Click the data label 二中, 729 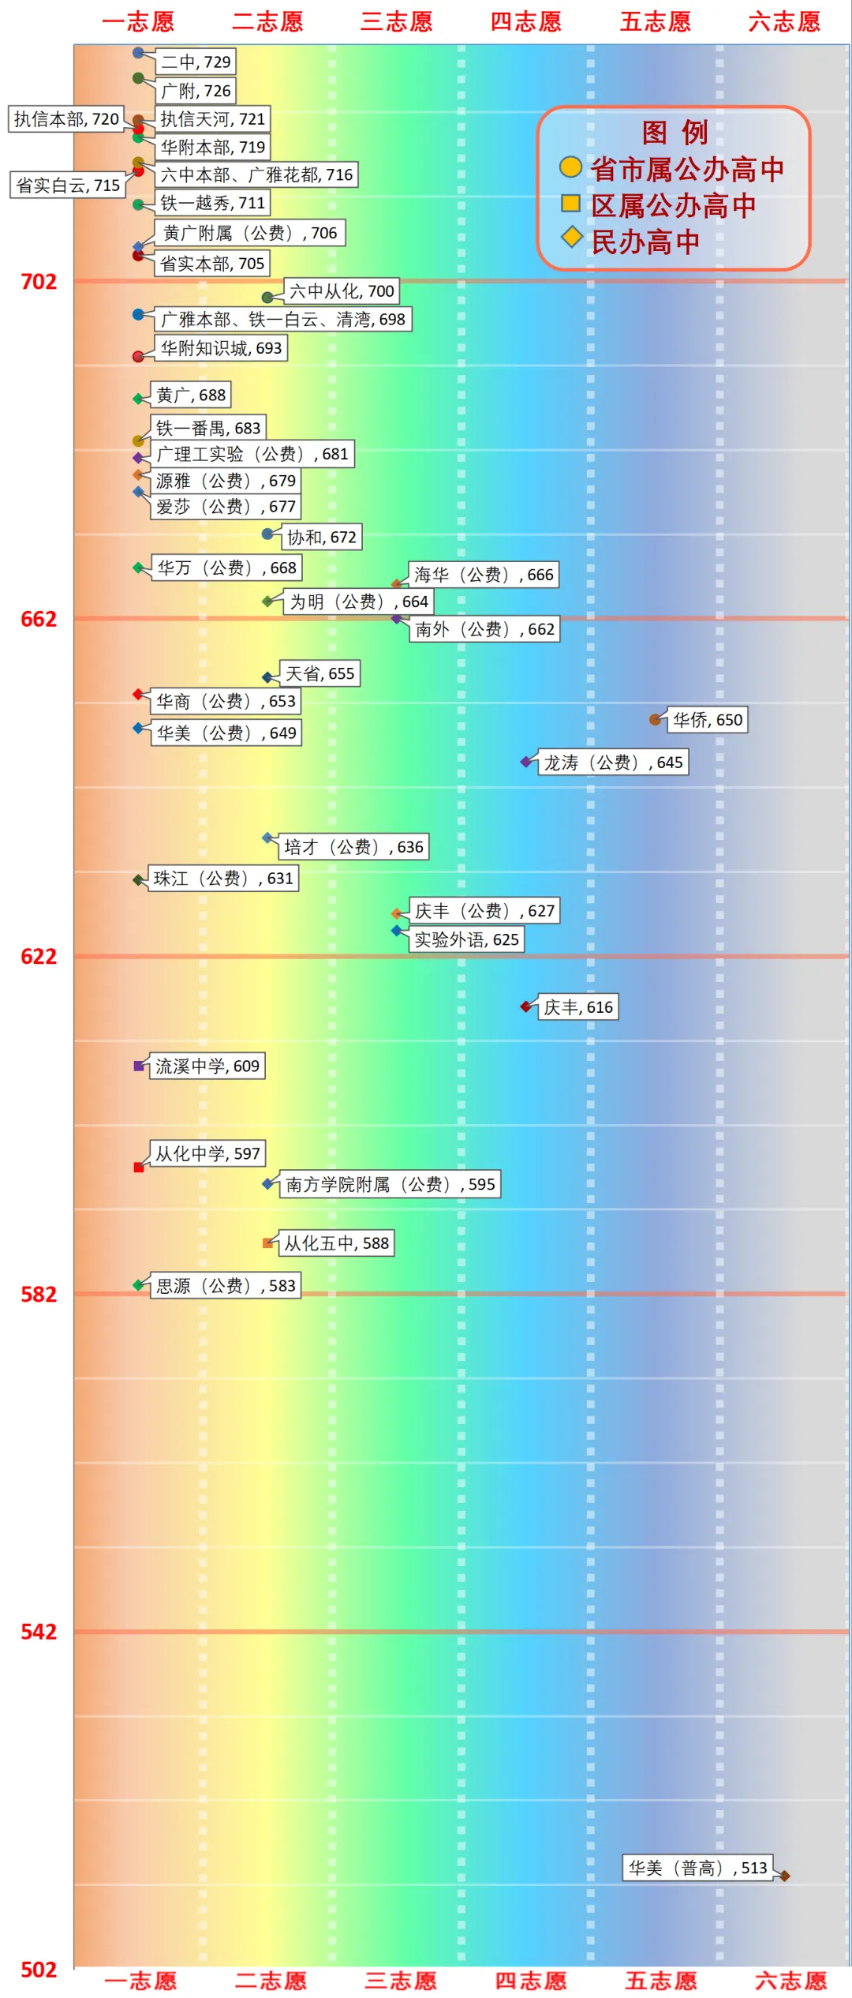[x=196, y=62]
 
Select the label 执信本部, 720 [x=66, y=119]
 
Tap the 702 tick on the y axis [x=39, y=282]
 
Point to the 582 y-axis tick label [x=39, y=1295]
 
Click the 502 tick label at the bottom [x=39, y=1970]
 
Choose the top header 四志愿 [x=526, y=21]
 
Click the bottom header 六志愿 [x=790, y=1981]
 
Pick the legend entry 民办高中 [x=645, y=242]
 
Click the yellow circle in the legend [x=570, y=167]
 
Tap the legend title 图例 [x=674, y=132]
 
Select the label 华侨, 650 [x=707, y=720]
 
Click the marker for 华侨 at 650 [x=655, y=719]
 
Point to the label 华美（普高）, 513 [x=697, y=1868]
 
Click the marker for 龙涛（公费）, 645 [x=526, y=762]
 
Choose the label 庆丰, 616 [x=577, y=1007]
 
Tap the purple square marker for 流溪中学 [x=139, y=1066]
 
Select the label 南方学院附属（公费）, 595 [x=390, y=1184]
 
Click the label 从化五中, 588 [x=336, y=1243]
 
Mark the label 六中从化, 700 [x=341, y=291]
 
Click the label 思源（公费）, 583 [x=226, y=1286]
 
